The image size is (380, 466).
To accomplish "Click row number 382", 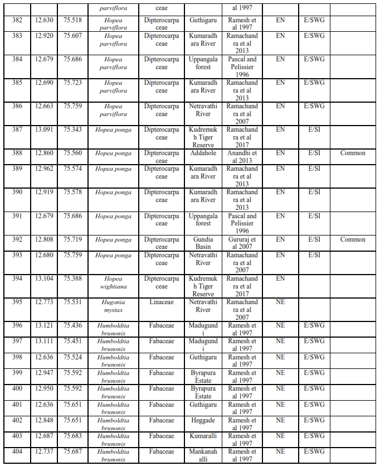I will tap(17, 20).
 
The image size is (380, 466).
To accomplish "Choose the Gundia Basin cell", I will tap(203, 243).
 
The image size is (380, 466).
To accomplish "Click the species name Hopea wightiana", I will tap(113, 282).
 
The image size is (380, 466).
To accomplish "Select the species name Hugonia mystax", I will tap(113, 306).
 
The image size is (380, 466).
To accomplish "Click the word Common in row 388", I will tap(353, 153).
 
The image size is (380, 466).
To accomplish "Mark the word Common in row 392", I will tap(353, 239).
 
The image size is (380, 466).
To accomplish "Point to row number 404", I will tap(17, 451).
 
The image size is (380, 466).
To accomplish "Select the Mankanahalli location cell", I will tap(203, 455).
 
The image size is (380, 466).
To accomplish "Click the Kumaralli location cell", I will tap(203, 436).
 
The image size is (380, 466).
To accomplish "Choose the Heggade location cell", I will tap(203, 420).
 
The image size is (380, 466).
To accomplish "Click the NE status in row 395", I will tap(280, 302).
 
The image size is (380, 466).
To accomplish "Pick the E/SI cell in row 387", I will tap(314, 129).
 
